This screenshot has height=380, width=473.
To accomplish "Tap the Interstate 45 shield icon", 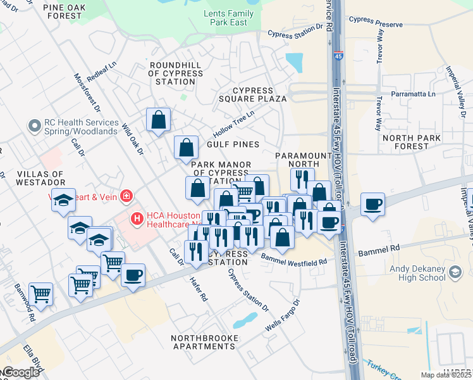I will point(339,56).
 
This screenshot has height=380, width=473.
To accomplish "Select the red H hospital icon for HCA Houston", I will point(136,219).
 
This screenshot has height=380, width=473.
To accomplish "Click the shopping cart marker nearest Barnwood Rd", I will point(40,293).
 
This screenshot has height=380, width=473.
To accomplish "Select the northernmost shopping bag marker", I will point(158,119).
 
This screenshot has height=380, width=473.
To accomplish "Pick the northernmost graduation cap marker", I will point(63,200).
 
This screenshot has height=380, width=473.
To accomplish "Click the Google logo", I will point(21,372).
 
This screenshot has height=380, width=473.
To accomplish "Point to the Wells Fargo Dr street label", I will point(282,315).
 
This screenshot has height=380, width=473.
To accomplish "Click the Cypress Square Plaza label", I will point(253,95).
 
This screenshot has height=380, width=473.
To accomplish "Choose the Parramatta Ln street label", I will point(414,94).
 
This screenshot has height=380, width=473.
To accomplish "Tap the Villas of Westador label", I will point(32,179).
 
